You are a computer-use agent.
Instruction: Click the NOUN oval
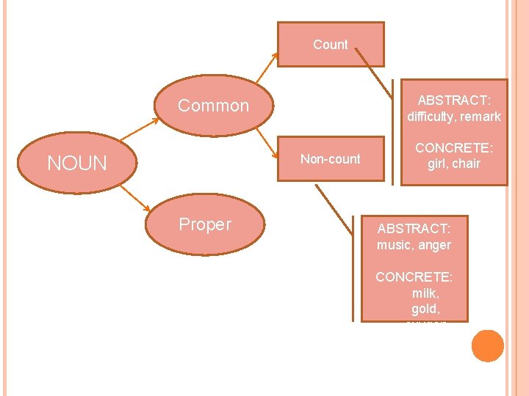point(77,163)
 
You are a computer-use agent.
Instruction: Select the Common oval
point(214,106)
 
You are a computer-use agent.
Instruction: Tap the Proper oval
point(205,224)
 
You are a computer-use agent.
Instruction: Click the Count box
point(331,45)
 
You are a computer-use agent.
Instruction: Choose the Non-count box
point(331,159)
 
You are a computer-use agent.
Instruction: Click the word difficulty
point(431,117)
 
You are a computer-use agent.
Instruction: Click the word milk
point(424,293)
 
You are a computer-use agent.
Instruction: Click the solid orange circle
point(488,346)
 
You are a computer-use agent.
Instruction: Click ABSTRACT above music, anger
point(414,229)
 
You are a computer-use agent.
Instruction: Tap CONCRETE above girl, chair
point(454,147)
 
